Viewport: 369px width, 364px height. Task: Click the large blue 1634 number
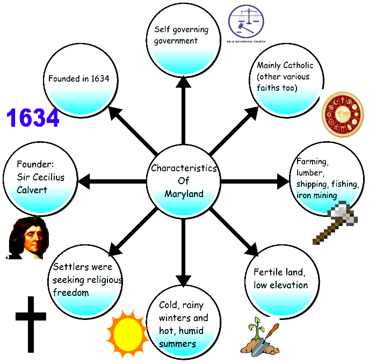coord(33,118)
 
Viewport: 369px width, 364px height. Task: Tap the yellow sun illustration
coord(128,333)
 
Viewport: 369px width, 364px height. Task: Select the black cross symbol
coord(31,324)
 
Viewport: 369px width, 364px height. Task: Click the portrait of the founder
coord(27,238)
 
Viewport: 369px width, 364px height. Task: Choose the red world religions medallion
coord(343,114)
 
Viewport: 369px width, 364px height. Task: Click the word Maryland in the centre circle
coord(184,194)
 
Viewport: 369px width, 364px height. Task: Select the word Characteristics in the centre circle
coord(184,168)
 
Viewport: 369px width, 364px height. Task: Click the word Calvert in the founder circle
coord(32,190)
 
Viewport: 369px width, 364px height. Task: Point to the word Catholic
coord(299,65)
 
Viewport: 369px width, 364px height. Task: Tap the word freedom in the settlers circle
coord(71,293)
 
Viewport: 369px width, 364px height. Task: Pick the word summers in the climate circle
coord(177,344)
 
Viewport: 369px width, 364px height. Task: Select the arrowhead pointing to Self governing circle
coord(183,82)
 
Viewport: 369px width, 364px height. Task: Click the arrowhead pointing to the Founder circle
coord(84,181)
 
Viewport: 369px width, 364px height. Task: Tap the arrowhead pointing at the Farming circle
coord(283,181)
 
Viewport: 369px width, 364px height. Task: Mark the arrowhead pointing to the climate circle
coord(183,280)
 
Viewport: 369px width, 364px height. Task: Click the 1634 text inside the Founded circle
coord(100,78)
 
